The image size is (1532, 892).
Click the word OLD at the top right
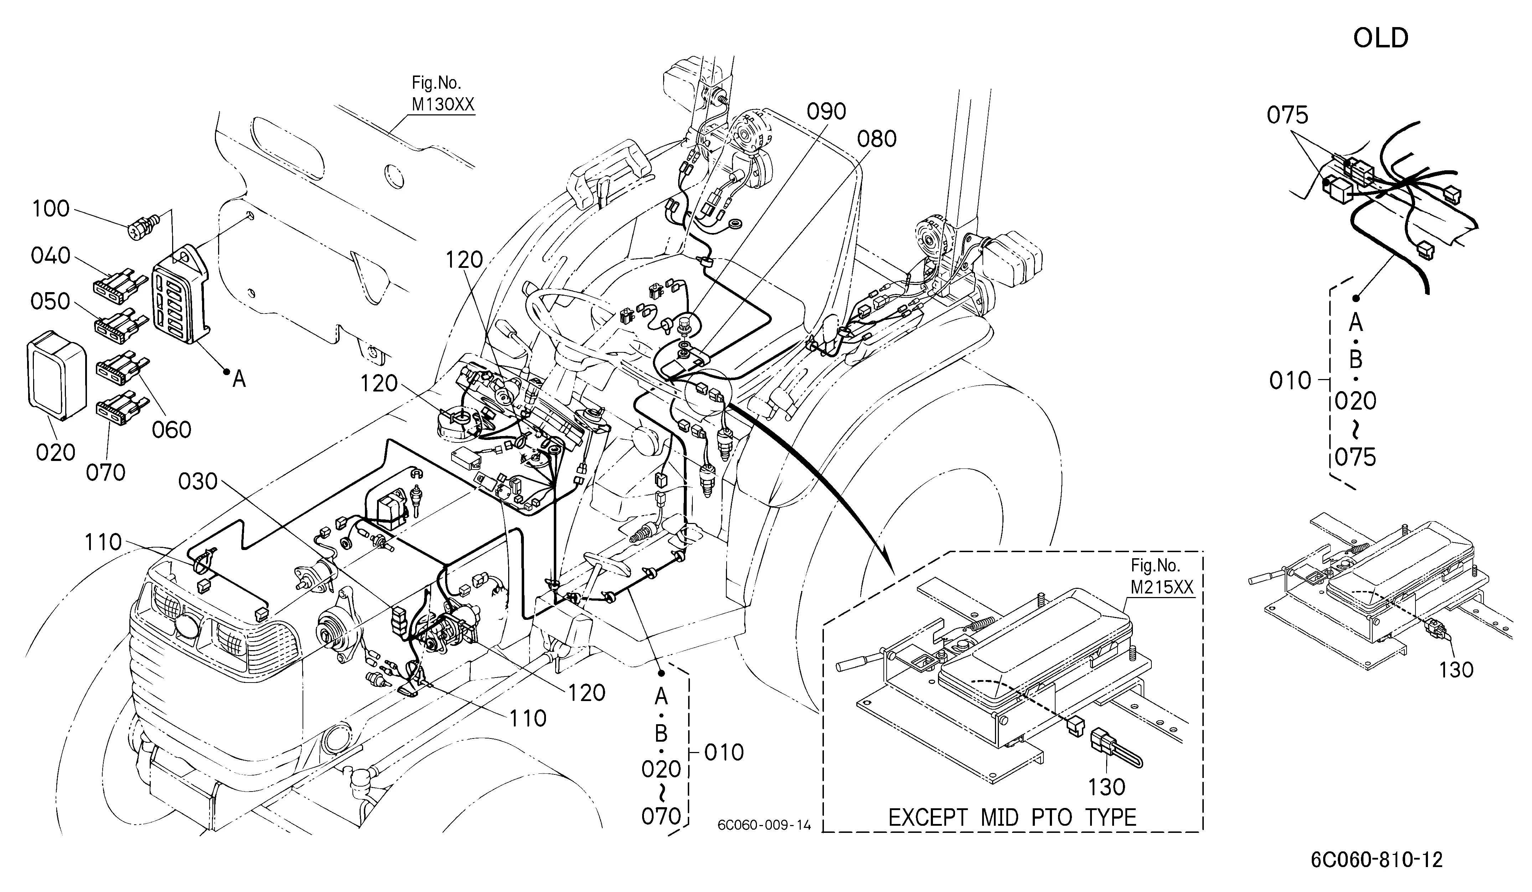tap(1381, 38)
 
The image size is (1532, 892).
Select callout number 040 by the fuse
tap(51, 256)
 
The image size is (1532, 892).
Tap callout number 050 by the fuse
tap(51, 301)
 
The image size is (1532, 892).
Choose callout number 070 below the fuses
tap(106, 472)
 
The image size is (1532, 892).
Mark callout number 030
tap(198, 481)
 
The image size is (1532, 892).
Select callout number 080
tap(877, 139)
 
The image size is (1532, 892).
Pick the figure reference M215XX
tap(1162, 587)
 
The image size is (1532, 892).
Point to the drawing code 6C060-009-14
tap(764, 825)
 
